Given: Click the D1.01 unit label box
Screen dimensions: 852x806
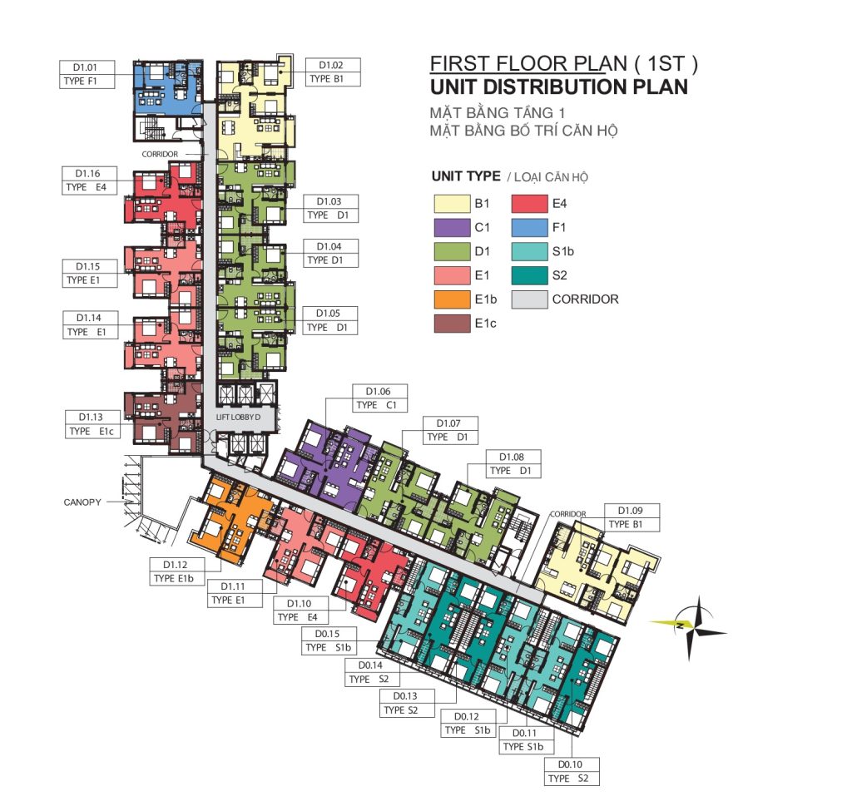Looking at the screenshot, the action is pos(87,74).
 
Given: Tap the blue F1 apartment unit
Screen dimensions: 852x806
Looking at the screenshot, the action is pos(168,87).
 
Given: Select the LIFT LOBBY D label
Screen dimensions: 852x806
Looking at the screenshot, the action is pos(238,417).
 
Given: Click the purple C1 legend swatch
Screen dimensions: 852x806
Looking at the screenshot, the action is pos(452,228).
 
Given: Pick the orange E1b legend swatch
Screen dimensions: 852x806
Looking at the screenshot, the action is pos(452,299).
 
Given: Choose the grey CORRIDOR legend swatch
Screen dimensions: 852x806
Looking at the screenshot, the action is pos(529,299).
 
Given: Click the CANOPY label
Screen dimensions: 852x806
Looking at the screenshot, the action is pos(82,502).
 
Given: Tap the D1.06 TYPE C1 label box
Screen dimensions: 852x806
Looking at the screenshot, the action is pos(379,398).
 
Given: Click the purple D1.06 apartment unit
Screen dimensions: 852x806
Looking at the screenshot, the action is pos(327,461).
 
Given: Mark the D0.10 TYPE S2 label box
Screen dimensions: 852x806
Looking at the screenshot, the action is pos(572,771).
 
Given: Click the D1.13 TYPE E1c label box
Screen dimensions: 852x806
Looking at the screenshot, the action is pos(92,424).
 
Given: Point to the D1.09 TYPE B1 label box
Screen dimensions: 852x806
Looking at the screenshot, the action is pos(632,517).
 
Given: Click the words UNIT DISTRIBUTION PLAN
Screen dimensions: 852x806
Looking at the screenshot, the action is pos(559,87).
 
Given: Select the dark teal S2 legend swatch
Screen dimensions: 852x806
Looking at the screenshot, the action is pos(529,275).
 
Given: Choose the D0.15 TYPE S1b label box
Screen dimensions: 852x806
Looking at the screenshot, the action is pos(329,640).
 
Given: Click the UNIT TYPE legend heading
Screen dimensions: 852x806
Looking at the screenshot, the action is pos(466,176).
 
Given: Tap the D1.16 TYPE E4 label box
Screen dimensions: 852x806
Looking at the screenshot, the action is pos(90,180).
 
